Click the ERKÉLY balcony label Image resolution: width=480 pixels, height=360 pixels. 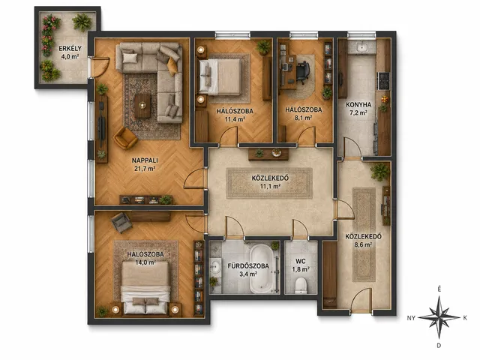70,48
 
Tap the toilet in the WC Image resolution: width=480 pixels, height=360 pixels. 301,285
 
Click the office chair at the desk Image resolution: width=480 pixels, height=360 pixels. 301,72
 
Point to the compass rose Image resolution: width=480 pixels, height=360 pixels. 439,318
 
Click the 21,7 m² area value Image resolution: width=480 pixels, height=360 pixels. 145,168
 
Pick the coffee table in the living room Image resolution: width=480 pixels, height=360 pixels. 142,106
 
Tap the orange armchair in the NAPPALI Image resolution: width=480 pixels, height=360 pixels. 125,138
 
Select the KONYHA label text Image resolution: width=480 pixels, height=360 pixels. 358,105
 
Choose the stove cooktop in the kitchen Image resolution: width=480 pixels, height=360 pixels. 384,81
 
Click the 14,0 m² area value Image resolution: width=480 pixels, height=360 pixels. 145,262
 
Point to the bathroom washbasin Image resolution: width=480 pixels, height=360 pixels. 216,267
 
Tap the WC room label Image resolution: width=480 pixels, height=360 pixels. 300,261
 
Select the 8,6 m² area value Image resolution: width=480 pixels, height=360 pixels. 363,244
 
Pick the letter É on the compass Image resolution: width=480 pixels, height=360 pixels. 439,289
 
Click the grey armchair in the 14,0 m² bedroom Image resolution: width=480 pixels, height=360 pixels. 121,222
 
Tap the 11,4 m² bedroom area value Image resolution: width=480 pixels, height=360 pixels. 235,119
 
